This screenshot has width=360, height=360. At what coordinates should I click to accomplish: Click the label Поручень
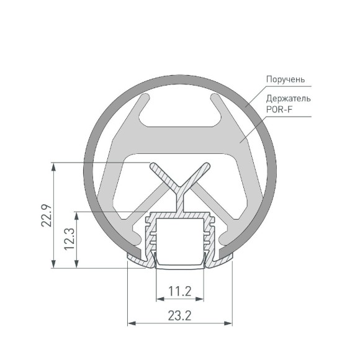coord(286,79)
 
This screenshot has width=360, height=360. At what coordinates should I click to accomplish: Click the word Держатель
coord(288,99)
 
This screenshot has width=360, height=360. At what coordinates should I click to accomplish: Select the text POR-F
coord(277,110)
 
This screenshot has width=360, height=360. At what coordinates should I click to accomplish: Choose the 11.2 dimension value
coord(179,290)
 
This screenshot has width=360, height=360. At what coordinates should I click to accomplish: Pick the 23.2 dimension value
coord(179,316)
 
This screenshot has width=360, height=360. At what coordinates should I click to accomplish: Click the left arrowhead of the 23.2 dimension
coord(131,323)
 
